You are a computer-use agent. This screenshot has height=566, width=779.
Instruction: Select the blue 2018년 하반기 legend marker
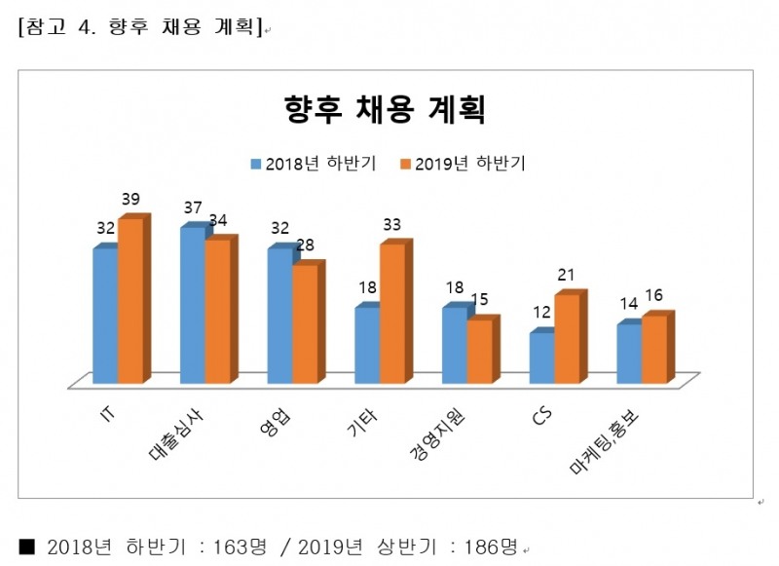[257, 164]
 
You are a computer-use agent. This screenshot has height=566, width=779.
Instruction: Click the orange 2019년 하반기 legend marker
[405, 164]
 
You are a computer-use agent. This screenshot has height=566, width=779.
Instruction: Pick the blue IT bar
[105, 316]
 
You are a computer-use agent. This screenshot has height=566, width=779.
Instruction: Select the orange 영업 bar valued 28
[305, 322]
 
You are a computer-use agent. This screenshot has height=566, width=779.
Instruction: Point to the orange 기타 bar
[392, 313]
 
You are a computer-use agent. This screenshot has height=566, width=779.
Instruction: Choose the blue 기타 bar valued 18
[367, 345]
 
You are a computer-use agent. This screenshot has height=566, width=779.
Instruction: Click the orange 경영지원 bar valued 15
[480, 351]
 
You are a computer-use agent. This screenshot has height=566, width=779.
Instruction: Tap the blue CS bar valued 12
[542, 358]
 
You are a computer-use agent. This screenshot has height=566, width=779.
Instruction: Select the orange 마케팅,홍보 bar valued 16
[654, 349]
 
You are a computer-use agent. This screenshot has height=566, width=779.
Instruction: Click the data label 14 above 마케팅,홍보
[629, 304]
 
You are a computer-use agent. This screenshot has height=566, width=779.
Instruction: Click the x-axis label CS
[542, 416]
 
